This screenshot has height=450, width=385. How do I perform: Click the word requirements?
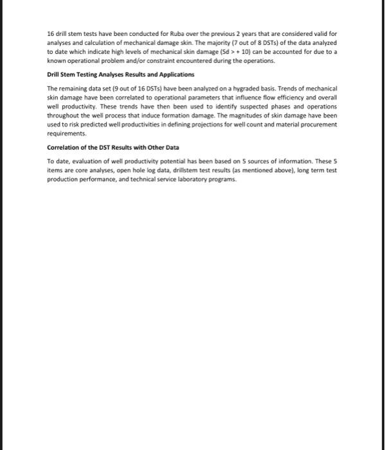click(x=66, y=134)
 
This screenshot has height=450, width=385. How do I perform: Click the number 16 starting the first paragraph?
click(x=51, y=32)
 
